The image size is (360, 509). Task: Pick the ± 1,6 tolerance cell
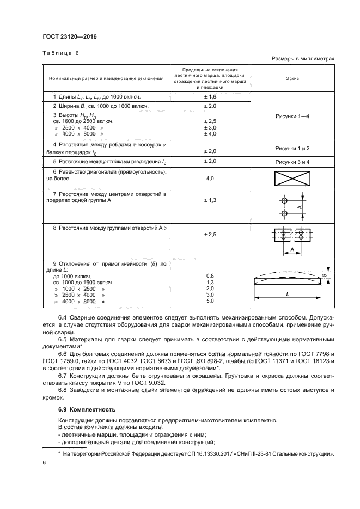coord(210,96)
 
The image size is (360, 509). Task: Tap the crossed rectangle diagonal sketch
coord(292,178)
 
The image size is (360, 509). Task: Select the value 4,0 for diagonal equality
coord(210,178)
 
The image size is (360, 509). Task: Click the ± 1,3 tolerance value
coord(210,200)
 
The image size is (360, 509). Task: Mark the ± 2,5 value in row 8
coord(210,235)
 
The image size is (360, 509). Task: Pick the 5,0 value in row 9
coord(210,301)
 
